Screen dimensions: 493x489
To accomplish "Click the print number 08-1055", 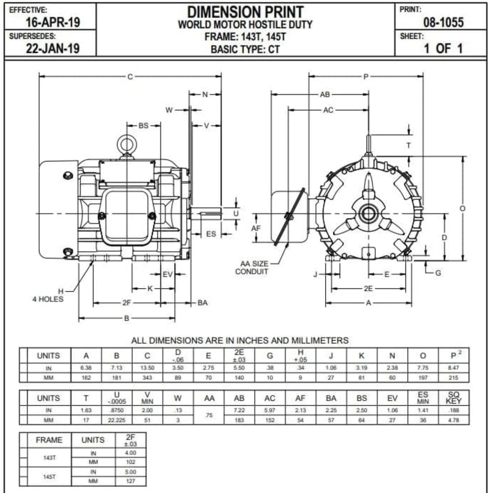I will point(443,22).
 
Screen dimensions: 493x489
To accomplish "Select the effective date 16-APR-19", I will point(53,22).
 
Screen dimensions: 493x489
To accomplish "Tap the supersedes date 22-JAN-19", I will point(53,48).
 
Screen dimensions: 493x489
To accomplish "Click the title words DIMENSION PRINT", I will point(245,12).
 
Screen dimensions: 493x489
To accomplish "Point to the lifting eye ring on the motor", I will point(127,145).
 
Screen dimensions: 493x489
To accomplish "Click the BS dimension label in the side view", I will point(143,125).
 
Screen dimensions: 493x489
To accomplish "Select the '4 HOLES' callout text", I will point(48,299).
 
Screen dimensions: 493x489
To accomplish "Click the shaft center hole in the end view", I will point(368,213).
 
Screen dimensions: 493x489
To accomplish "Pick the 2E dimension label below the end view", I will point(368,288).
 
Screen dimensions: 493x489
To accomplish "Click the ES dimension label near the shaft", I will point(211,234).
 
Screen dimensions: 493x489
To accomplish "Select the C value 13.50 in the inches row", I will point(147,368).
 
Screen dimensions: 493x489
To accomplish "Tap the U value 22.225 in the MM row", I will point(116,420).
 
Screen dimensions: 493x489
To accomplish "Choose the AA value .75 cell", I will point(209,415).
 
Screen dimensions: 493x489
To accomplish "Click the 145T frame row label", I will point(49,477).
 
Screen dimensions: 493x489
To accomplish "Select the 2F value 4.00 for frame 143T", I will point(130,453).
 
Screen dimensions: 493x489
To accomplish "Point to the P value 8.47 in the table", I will point(453,368).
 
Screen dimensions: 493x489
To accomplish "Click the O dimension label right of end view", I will point(462,208).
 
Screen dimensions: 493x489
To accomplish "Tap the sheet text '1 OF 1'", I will point(443,48).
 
